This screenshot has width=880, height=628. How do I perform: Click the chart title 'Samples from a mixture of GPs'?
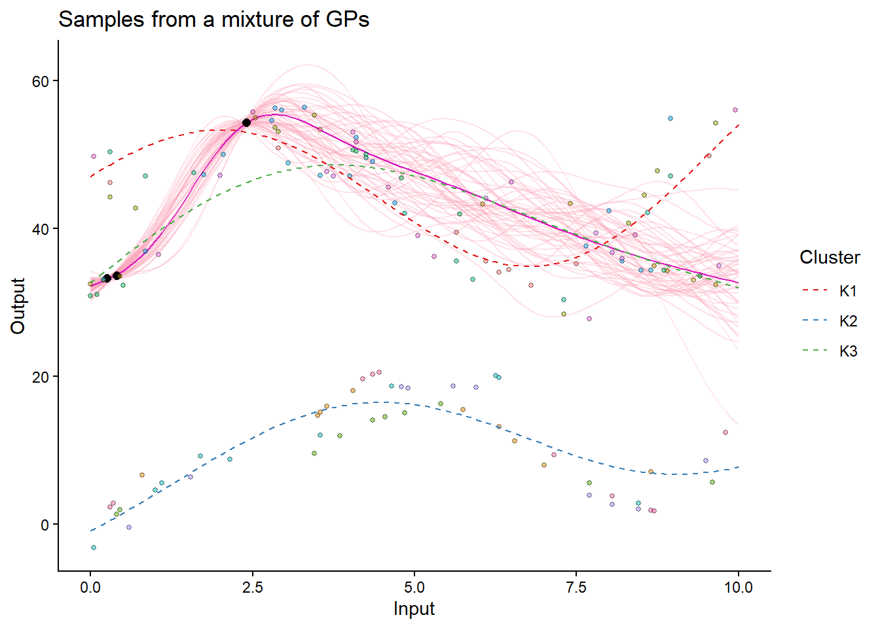point(213,20)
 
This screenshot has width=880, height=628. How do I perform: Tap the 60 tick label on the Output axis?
point(41,81)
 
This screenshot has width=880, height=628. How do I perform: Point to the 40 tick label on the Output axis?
point(41,229)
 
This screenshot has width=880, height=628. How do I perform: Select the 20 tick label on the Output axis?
point(41,377)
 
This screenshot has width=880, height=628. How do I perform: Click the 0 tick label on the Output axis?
point(45,525)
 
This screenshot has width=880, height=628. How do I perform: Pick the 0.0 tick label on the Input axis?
point(90,587)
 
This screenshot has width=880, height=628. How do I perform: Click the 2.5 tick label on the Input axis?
point(253,587)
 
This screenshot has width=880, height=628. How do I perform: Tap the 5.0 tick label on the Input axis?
point(414,587)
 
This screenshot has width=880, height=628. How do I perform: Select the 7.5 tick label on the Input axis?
point(576,587)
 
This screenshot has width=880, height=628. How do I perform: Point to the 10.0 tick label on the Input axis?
point(738,587)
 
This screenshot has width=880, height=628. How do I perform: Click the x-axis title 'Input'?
point(414,609)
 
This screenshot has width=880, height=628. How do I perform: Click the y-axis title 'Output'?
point(18,305)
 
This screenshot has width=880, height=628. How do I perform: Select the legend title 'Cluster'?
point(830,258)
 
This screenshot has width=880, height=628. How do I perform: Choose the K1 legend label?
point(848,291)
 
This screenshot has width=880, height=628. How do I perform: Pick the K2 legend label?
point(848,321)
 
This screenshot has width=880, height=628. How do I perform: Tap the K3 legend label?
point(848,351)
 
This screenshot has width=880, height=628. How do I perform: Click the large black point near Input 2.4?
point(246,122)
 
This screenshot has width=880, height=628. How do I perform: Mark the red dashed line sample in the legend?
point(815,291)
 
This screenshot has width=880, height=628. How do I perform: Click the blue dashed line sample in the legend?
point(815,321)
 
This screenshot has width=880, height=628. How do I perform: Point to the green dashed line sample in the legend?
point(815,351)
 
